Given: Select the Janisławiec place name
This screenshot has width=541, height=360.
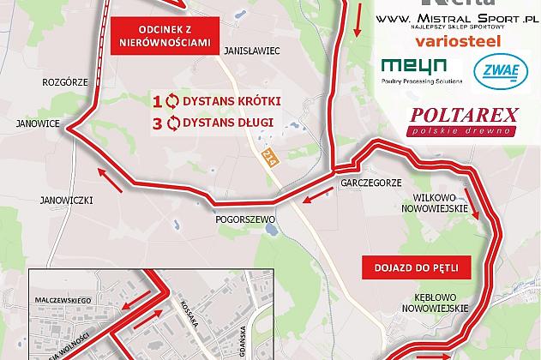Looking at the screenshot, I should (x=252, y=51).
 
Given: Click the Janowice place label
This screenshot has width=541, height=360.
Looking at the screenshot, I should (x=30, y=124).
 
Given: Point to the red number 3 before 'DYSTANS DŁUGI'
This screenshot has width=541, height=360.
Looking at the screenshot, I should (x=157, y=123).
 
